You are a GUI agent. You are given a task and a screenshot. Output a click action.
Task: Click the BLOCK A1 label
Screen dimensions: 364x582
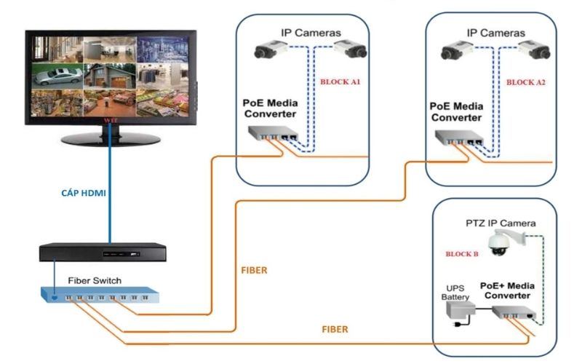(340, 82)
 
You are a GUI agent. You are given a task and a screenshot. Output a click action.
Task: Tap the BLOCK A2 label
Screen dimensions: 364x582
(525, 82)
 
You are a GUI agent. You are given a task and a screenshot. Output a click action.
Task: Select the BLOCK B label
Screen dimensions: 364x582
(462, 254)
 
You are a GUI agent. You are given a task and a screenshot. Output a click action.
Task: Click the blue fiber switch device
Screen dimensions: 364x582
(98, 295)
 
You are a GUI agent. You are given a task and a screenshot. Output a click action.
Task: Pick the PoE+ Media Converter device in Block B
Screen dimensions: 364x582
(513, 314)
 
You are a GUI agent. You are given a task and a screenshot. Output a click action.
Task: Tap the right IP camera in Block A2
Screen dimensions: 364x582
(535, 51)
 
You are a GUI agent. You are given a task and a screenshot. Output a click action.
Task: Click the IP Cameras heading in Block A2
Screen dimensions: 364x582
(495, 33)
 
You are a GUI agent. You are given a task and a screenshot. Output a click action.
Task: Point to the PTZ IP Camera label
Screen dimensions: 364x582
(501, 223)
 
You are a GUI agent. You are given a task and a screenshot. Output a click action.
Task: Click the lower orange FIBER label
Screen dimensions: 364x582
(335, 329)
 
